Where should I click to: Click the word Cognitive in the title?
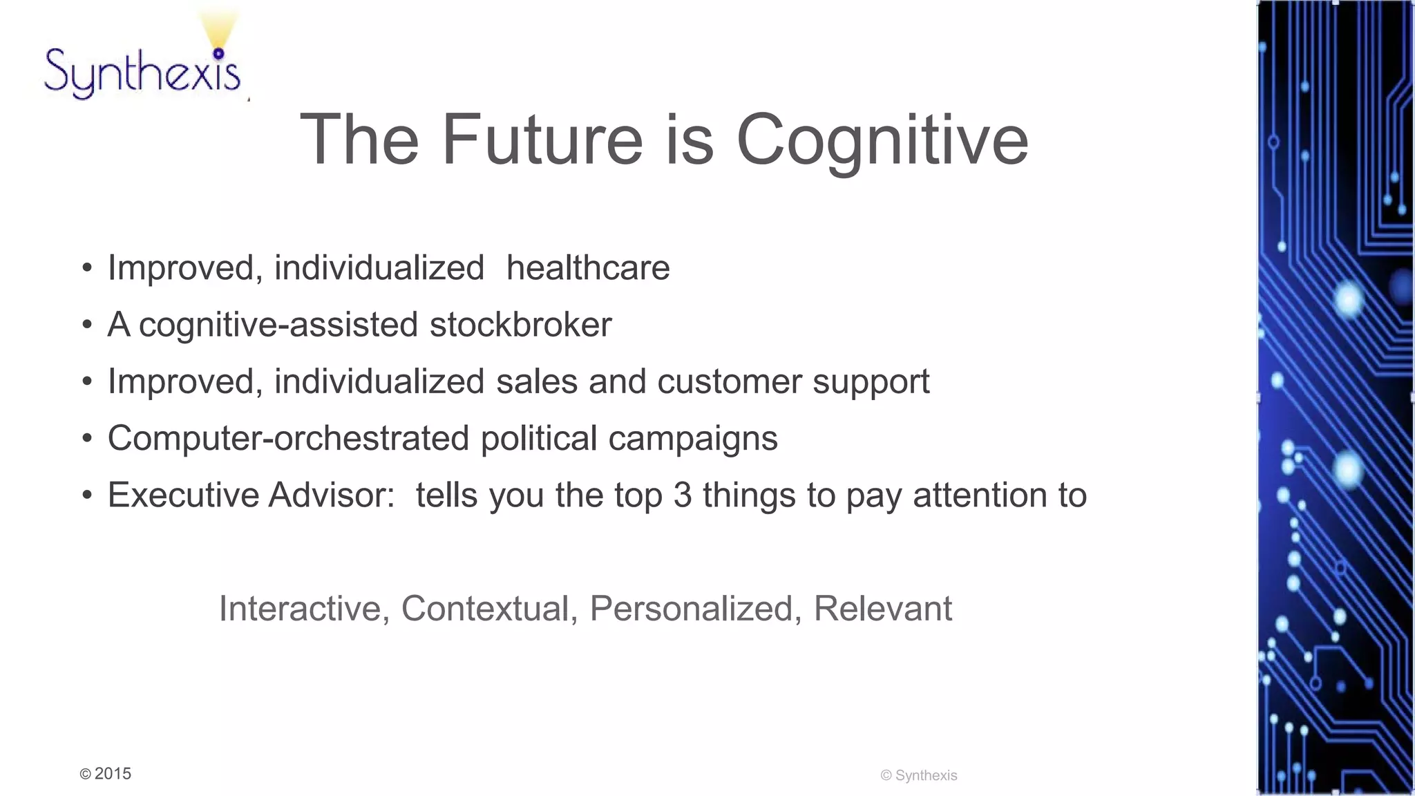pos(882,140)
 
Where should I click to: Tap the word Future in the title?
pos(542,140)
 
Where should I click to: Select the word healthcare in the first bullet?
pos(588,268)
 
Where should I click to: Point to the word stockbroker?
pos(520,325)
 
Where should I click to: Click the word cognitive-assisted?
pos(278,325)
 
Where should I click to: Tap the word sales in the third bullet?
pos(537,381)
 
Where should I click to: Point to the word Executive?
pos(182,495)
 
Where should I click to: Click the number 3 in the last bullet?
pos(683,495)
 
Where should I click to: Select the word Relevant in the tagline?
pos(882,609)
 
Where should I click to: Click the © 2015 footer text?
pos(106,774)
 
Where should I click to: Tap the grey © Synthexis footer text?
pos(919,775)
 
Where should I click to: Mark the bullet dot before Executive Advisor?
pos(86,495)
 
